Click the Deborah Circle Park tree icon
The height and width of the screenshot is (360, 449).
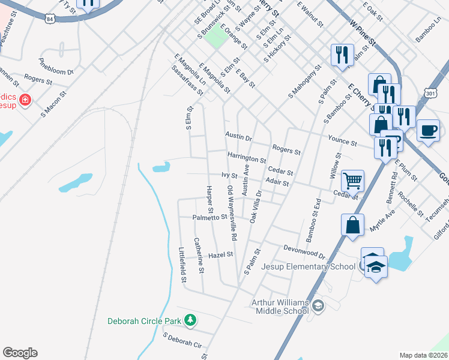coord(190,320)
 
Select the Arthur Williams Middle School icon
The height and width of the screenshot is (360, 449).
coord(318,306)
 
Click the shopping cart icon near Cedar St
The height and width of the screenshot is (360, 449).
coord(352,179)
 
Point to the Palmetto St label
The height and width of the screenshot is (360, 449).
coord(209,217)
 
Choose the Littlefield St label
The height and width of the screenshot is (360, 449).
coord(182,264)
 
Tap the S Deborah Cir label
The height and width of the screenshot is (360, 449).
coord(182,341)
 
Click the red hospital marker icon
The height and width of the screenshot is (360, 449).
coord(25,100)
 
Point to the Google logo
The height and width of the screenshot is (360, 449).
coord(20,353)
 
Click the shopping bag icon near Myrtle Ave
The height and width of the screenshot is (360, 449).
coord(352,225)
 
